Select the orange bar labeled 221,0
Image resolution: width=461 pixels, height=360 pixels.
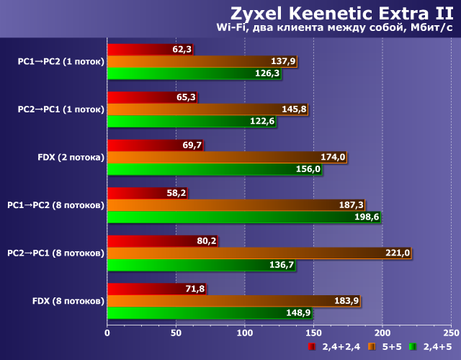pyautogui.click(x=245, y=253)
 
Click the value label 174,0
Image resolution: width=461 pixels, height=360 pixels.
pyautogui.click(x=333, y=157)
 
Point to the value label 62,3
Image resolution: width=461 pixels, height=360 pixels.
pyautogui.click(x=182, y=50)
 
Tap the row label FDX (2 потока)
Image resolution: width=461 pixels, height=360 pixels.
pyautogui.click(x=69, y=157)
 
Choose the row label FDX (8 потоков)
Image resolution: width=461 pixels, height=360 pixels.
pyautogui.click(x=69, y=300)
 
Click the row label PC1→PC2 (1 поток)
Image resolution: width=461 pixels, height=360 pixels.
pyautogui.click(x=61, y=62)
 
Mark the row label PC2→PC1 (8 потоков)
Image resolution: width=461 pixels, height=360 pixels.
pyautogui.click(x=55, y=253)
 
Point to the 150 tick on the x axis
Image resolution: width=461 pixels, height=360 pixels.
pyautogui.click(x=313, y=333)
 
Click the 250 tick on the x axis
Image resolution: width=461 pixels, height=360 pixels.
pyautogui.click(x=451, y=333)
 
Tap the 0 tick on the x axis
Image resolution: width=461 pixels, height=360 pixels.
pyautogui.click(x=107, y=333)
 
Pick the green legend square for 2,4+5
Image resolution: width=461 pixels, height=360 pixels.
pyautogui.click(x=413, y=347)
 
